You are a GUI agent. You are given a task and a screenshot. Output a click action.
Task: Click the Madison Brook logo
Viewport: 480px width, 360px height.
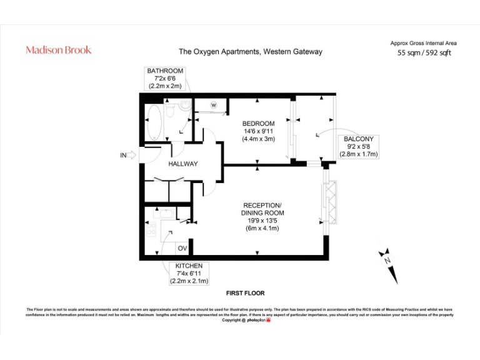[x=58, y=50]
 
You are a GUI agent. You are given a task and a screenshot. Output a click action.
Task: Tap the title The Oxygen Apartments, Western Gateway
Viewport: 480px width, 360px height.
[x=251, y=52]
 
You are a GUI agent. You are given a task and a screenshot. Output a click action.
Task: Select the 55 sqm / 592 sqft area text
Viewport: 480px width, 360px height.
[x=424, y=53]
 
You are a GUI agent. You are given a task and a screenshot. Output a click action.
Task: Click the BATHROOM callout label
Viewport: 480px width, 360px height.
[x=165, y=71]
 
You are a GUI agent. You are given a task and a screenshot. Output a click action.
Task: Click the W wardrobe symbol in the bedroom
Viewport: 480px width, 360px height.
[x=213, y=104]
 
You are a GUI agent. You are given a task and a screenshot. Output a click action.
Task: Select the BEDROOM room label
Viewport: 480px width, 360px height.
[x=258, y=124]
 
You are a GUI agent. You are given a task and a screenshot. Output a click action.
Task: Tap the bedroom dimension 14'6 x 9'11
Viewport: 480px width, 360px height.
[x=258, y=131]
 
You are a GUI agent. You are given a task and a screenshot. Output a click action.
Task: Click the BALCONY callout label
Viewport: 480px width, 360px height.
[x=359, y=139]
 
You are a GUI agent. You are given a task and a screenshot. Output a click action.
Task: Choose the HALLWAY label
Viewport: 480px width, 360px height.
[x=183, y=164]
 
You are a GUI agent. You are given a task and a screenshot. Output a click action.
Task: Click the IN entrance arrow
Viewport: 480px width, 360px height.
[x=127, y=156]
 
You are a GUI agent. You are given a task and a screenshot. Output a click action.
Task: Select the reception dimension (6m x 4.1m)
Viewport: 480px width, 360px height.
[x=262, y=228]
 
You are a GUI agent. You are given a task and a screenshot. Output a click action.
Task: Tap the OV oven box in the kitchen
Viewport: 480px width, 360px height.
[x=182, y=248]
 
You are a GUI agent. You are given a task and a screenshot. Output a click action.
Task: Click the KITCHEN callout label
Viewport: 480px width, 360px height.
[x=188, y=266]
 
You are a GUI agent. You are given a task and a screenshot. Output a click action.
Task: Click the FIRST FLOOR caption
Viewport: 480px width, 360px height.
[x=245, y=293]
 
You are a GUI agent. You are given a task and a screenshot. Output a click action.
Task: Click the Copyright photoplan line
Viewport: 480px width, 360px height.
[x=245, y=320]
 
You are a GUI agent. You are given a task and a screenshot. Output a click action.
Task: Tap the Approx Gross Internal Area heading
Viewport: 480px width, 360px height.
[x=423, y=43]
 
